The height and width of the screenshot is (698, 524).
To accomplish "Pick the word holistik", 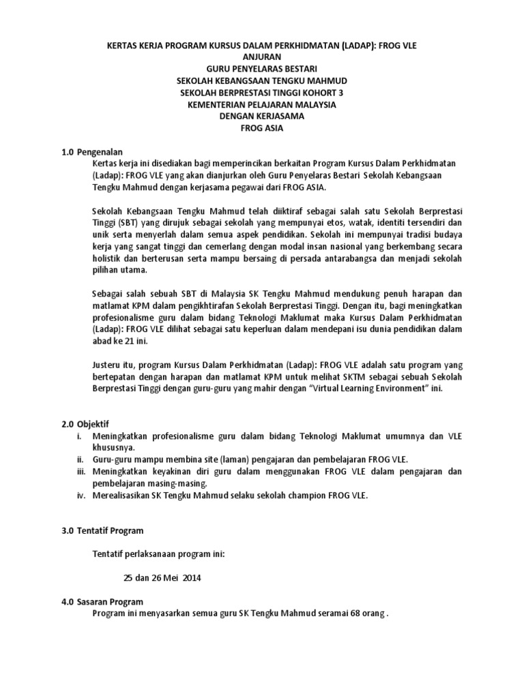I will [109, 258].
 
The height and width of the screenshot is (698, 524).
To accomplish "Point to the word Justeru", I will [108, 365].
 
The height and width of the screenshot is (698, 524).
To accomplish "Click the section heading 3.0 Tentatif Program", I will [102, 530].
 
